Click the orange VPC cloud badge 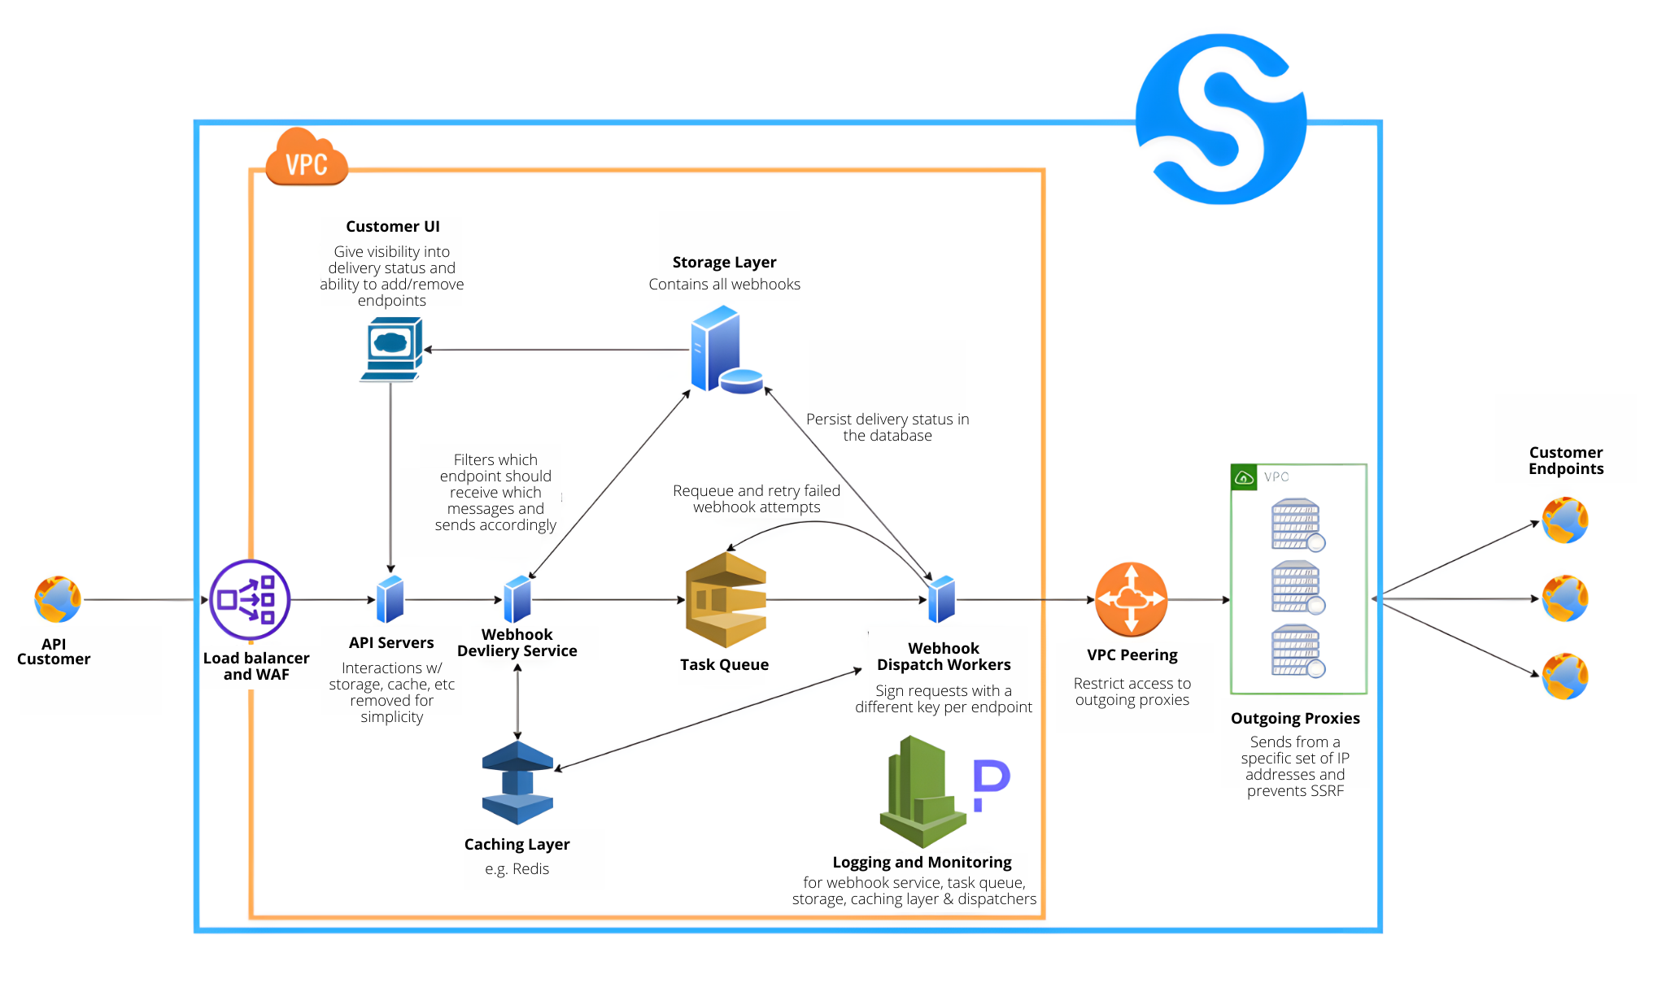click(307, 158)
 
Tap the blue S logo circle click(1220, 119)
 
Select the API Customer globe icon click(58, 600)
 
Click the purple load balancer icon click(250, 600)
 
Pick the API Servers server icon click(390, 599)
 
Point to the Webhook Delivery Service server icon click(517, 599)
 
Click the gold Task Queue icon click(726, 600)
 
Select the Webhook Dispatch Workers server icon click(941, 599)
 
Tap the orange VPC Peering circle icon click(1131, 600)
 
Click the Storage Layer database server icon click(723, 350)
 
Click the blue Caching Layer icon click(517, 782)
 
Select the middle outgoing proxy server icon click(1297, 587)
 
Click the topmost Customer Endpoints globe click(1564, 520)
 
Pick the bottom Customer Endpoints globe click(1564, 676)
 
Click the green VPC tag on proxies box click(1244, 477)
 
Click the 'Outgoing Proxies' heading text click(1295, 718)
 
